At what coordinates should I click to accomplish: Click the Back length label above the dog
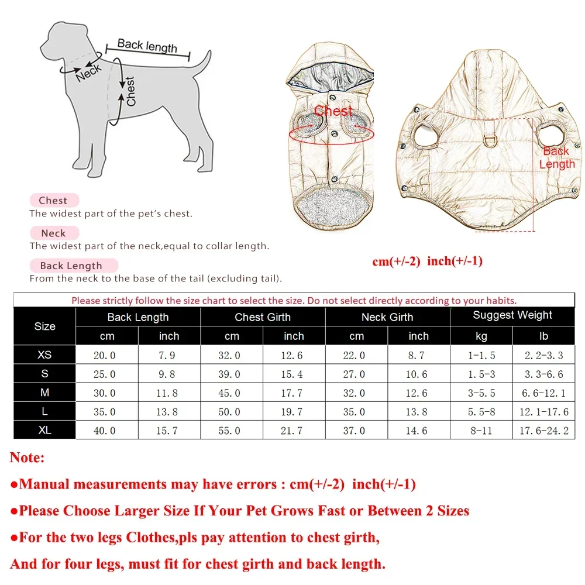point(147,45)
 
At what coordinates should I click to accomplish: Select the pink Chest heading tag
point(53,201)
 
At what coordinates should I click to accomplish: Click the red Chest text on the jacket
point(333,111)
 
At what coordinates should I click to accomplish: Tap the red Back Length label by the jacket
point(556,157)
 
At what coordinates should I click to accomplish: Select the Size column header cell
point(44,326)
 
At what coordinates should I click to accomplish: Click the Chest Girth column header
point(263,317)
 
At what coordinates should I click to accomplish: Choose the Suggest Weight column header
point(512,315)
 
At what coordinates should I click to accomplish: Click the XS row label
point(44,355)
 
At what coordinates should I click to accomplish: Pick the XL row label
point(44,431)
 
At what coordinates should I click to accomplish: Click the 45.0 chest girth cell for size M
point(232,393)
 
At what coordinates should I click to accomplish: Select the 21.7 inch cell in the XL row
point(294,431)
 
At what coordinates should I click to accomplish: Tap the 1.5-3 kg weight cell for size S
point(481,374)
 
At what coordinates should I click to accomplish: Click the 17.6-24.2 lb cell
point(543,431)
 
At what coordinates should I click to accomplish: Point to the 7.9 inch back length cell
point(169,355)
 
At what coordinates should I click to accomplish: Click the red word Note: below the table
point(27,457)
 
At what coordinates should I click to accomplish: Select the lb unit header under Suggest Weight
point(543,336)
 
